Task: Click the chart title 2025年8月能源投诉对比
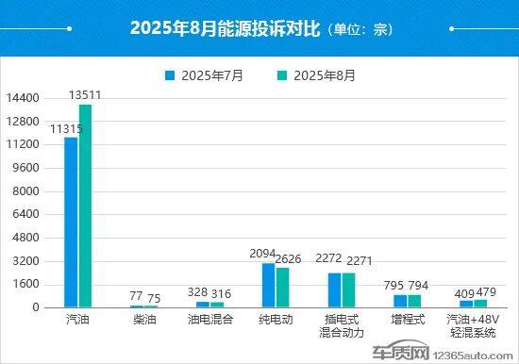tap(227, 28)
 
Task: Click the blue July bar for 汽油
tap(71, 222)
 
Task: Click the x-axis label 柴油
tap(143, 321)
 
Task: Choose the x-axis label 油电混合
tap(209, 321)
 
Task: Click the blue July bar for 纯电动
tap(269, 285)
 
